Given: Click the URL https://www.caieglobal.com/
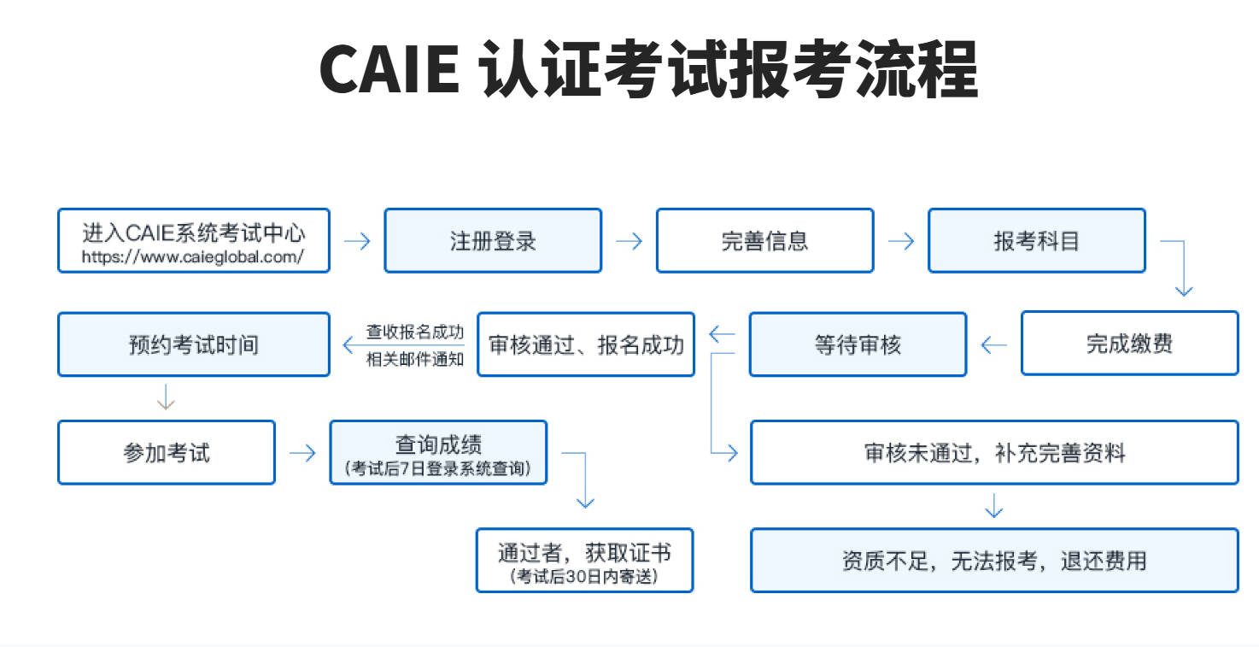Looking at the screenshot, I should click(x=193, y=256).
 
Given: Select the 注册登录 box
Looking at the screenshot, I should click(x=493, y=241).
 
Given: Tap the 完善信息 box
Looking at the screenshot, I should click(x=764, y=241).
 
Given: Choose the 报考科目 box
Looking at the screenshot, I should click(x=1036, y=241).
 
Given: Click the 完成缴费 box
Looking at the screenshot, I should click(x=1129, y=344).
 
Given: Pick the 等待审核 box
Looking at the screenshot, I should click(x=858, y=344).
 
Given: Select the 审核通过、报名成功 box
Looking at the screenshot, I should click(x=586, y=344).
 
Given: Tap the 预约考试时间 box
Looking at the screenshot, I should click(x=193, y=344).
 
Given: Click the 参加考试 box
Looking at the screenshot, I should click(x=167, y=452).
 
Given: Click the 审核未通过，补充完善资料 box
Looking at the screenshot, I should click(x=994, y=452).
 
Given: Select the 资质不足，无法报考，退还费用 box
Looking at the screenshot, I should click(x=994, y=561).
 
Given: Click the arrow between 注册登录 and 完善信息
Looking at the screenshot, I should click(x=629, y=241).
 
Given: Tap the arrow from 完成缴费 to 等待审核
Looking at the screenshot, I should click(x=993, y=345).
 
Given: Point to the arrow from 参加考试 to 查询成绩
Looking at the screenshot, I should click(x=302, y=453).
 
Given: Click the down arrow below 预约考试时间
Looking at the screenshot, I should click(x=166, y=397).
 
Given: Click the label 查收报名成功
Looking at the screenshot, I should click(x=415, y=332).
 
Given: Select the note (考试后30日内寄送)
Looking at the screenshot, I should click(x=584, y=577).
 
